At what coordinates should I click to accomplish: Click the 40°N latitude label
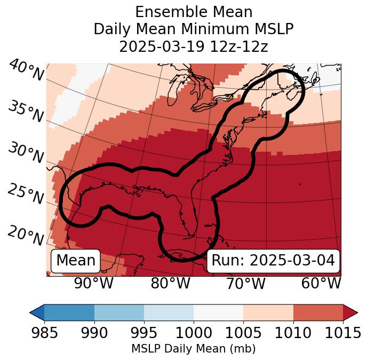coord(26,71)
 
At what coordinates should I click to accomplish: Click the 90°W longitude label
coord(94,284)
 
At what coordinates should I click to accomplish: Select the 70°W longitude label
coord(246,284)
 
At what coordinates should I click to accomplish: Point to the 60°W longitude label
coord(321,284)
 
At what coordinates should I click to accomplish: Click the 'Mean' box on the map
coord(76,261)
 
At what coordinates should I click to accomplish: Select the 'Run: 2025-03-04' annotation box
coord(273,261)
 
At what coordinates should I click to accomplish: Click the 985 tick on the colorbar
coord(44,333)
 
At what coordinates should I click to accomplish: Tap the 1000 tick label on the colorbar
coord(194,333)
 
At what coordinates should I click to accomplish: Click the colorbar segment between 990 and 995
coord(119,312)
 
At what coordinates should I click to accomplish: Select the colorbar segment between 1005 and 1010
coord(268,312)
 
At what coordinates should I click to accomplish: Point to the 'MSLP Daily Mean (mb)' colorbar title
coord(193,349)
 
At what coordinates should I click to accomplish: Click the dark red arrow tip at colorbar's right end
coord(352,312)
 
